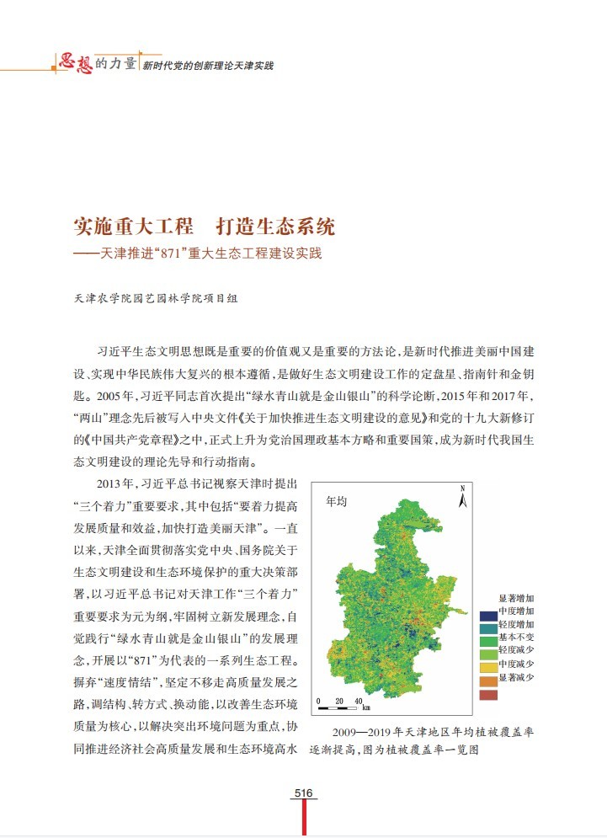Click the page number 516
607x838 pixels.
pos(304,793)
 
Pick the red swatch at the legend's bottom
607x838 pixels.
pos(487,695)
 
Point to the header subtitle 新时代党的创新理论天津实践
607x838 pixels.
pos(207,65)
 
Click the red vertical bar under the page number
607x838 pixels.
pos(304,815)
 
